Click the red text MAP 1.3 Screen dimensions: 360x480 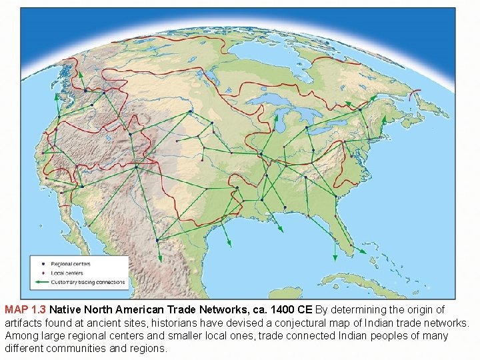pos(25,310)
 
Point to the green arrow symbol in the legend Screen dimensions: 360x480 pos(42,282)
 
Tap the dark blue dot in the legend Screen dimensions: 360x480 pos(43,265)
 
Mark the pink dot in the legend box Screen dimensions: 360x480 pos(43,273)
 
